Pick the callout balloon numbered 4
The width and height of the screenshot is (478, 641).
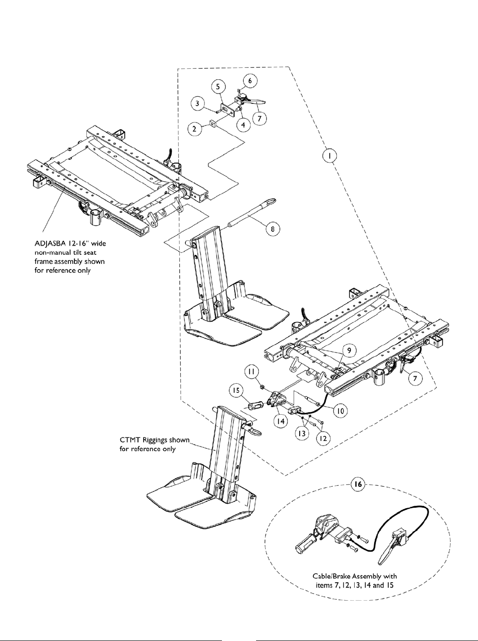[243, 126]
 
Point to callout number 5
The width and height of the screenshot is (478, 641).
[218, 87]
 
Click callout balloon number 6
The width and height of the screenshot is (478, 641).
[251, 81]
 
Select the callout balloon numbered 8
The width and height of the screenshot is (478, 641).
[273, 229]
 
